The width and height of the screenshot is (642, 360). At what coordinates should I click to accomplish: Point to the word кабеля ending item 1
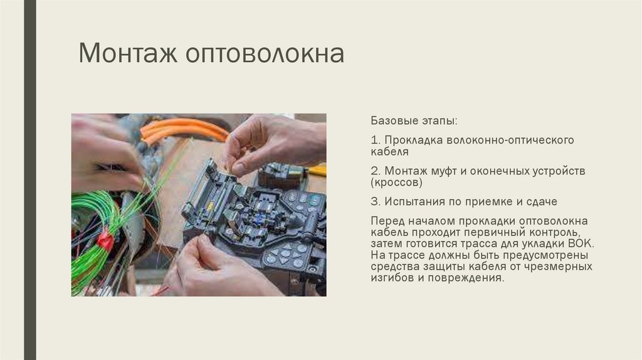389,152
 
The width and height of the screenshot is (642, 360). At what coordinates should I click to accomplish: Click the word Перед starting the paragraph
387,221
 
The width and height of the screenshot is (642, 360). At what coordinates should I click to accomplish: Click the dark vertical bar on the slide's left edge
29,180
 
